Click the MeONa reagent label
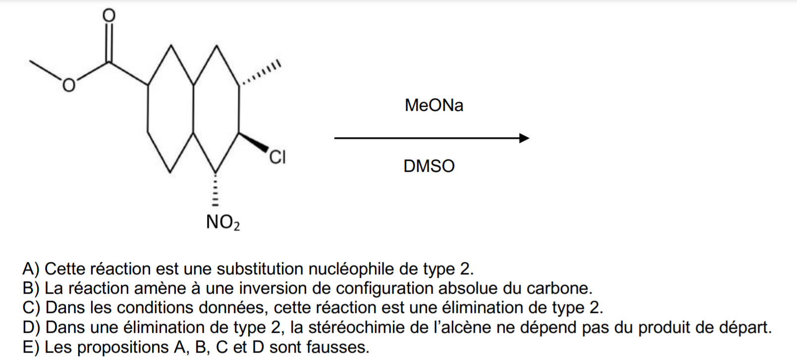coord(434,105)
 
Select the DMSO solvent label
coord(429,166)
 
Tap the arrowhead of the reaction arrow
coord(524,138)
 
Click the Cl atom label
coord(277,157)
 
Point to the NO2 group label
coord(223,222)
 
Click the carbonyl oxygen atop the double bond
coord(109,15)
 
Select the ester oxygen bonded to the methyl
coord(69,85)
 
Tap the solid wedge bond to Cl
coord(253,142)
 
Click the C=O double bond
coord(109,43)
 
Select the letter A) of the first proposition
coord(31,269)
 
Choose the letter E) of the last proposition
coord(31,347)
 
